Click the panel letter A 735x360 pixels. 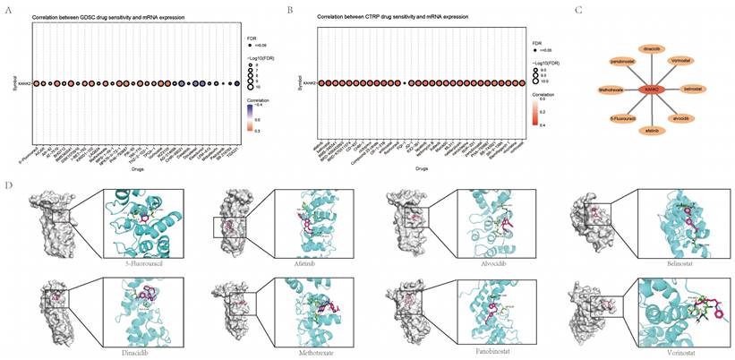8,8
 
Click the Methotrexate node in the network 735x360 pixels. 610,90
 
